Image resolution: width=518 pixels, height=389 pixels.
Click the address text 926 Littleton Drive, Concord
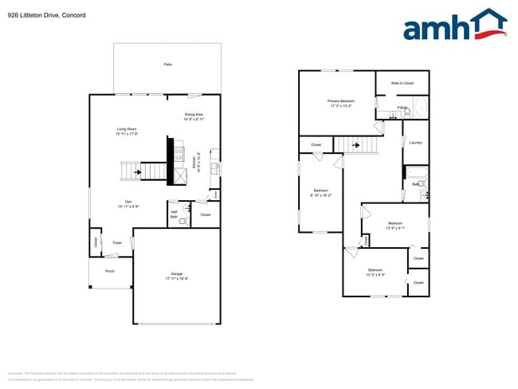coord(47,15)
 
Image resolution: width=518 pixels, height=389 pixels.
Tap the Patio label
coord(167,64)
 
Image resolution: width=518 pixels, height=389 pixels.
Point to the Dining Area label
coord(194,116)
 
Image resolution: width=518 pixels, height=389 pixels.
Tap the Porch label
coord(110,271)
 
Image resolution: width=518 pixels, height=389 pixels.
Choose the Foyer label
coord(116,242)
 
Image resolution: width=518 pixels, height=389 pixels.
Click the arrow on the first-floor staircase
coord(139,171)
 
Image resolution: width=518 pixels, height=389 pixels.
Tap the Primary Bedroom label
coord(340,103)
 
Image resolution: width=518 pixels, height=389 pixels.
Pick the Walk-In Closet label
coord(402,83)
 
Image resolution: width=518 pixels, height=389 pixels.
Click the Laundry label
coord(415,143)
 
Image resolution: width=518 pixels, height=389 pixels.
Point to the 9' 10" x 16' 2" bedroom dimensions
coord(320,194)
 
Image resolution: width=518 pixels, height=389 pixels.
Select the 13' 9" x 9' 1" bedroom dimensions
coord(396,227)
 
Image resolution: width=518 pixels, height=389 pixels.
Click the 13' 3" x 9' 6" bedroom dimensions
coord(375,274)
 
